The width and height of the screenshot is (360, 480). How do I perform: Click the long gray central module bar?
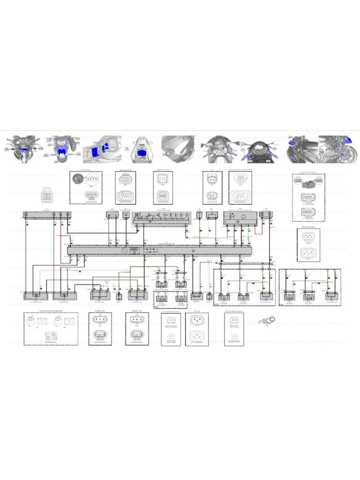(159, 250)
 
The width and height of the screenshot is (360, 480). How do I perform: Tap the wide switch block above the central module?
(163, 217)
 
